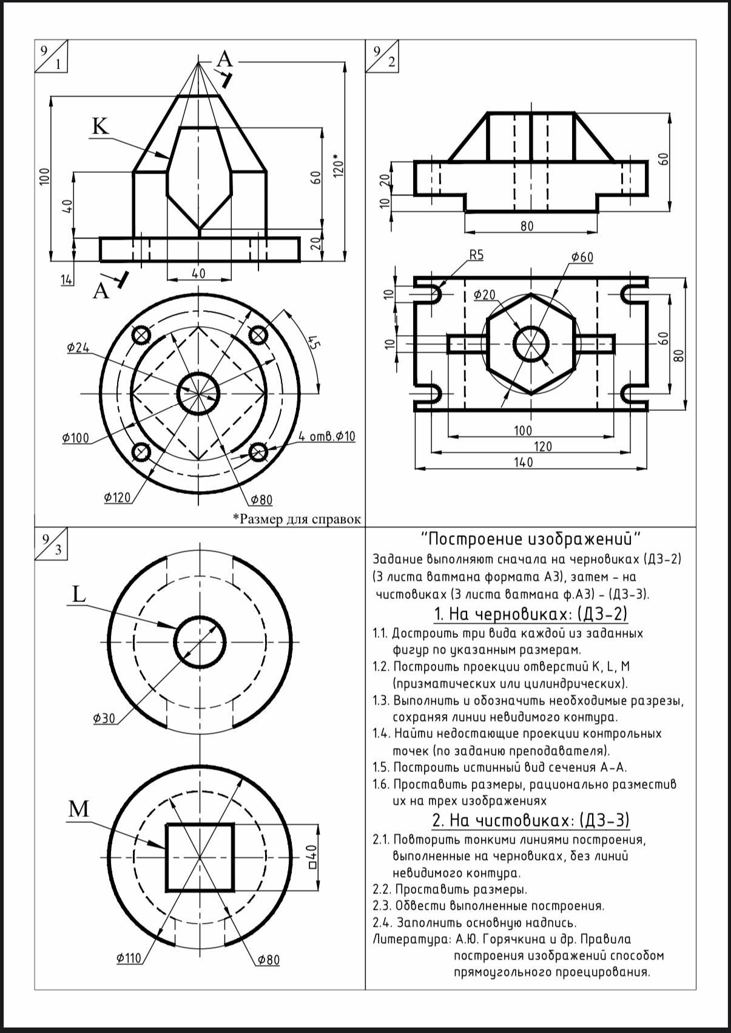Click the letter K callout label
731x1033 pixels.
[100, 126]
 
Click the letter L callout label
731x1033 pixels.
[79, 595]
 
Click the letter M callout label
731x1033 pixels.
[79, 809]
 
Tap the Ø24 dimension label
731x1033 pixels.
[78, 348]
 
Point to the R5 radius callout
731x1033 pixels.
[476, 255]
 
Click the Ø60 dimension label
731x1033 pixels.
[582, 257]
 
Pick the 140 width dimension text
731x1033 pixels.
[523, 462]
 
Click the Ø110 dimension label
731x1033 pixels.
[129, 958]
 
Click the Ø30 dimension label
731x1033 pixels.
[104, 719]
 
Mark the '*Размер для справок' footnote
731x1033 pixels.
[297, 519]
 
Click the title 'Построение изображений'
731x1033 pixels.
[531, 539]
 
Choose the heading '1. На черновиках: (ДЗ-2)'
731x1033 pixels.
[531, 614]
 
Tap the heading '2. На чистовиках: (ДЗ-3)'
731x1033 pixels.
[531, 821]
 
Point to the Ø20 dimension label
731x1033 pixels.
[485, 295]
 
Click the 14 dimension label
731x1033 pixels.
[67, 279]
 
